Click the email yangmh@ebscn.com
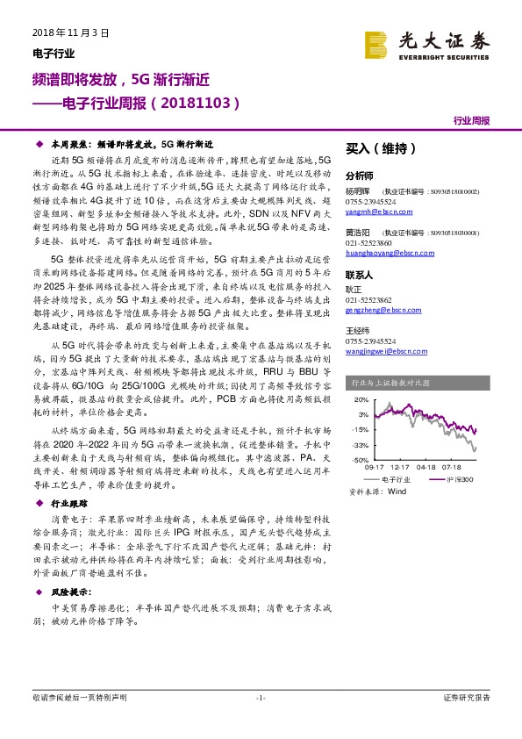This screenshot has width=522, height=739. (x=375, y=212)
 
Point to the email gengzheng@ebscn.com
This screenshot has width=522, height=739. (x=381, y=310)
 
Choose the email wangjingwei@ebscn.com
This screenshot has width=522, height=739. (x=383, y=349)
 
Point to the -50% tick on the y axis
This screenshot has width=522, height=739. (x=361, y=459)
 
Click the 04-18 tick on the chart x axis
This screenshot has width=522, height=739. (x=427, y=468)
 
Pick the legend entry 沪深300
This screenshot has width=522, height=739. (x=456, y=480)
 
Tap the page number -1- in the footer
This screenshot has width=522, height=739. (x=260, y=698)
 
